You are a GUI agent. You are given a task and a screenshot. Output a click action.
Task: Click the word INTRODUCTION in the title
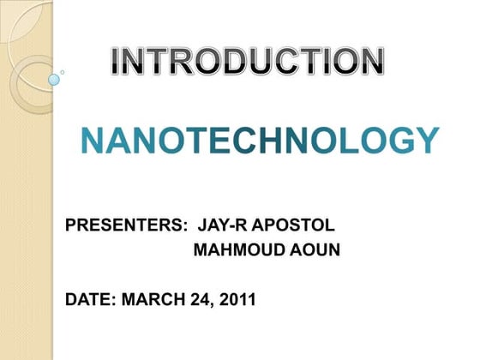[248, 59]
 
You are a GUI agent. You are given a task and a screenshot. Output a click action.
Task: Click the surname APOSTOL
[291, 226]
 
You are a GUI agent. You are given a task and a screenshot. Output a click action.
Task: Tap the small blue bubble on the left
[54, 80]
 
